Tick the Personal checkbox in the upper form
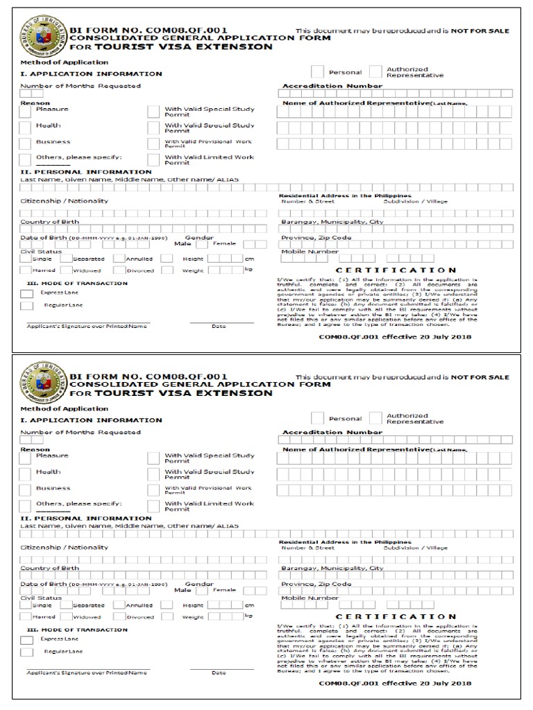pos(317,71)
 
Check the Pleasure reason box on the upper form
pos(25,111)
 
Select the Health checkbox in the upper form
pos(25,128)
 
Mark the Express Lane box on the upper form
pos(26,294)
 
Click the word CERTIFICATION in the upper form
pos(396,270)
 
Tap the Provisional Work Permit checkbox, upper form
pos(153,144)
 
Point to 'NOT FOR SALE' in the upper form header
pos(480,31)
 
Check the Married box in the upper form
pos(25,270)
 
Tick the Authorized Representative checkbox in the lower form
pos(375,418)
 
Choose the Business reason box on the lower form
pos(25,490)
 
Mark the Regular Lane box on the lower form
pos(26,652)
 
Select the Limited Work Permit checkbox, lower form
pos(153,506)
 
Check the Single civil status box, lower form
pos(25,605)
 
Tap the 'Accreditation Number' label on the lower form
pos(332,432)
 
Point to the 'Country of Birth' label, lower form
pos(49,568)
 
